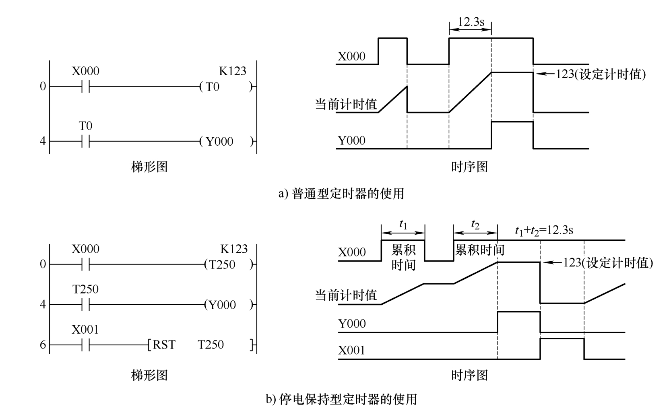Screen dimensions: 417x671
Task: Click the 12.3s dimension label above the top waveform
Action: point(471,21)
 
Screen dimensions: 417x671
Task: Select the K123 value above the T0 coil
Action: point(233,71)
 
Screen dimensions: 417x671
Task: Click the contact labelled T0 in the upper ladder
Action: point(85,141)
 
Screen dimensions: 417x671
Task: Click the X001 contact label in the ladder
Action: point(85,330)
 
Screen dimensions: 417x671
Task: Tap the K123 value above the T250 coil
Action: point(234,249)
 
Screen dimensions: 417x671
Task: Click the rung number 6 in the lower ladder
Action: point(43,345)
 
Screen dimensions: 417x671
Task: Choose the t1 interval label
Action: point(403,225)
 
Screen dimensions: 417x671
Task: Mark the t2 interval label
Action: point(475,225)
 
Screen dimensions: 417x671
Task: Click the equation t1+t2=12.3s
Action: point(544,231)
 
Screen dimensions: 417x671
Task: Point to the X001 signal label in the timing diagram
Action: point(352,351)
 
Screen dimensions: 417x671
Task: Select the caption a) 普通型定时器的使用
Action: point(341,194)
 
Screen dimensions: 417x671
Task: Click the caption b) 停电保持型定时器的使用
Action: point(341,399)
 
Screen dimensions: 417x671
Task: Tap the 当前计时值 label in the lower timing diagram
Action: point(346,295)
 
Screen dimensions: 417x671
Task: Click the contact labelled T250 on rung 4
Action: point(85,304)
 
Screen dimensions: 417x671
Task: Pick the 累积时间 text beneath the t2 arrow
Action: point(479,250)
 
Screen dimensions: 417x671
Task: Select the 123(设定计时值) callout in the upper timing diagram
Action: point(601,74)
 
